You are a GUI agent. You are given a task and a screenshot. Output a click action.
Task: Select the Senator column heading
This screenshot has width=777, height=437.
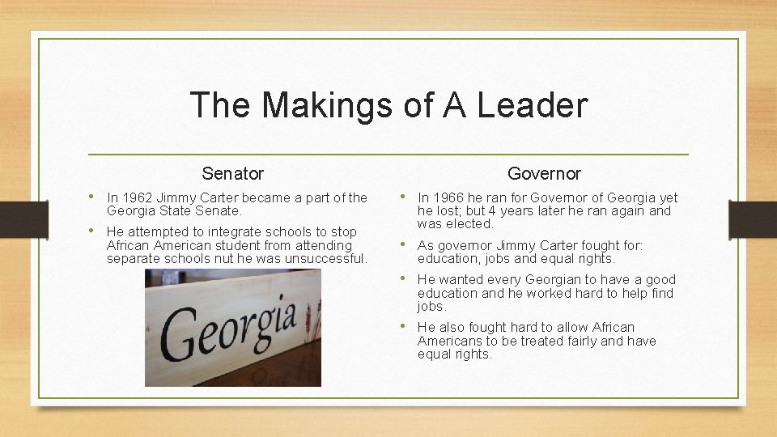(x=233, y=173)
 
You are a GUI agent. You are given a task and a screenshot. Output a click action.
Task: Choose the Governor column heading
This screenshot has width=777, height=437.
(x=544, y=173)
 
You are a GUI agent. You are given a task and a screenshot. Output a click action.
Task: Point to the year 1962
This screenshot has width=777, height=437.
(x=135, y=197)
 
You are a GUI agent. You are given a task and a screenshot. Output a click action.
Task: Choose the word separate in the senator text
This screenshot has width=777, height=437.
(x=134, y=258)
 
